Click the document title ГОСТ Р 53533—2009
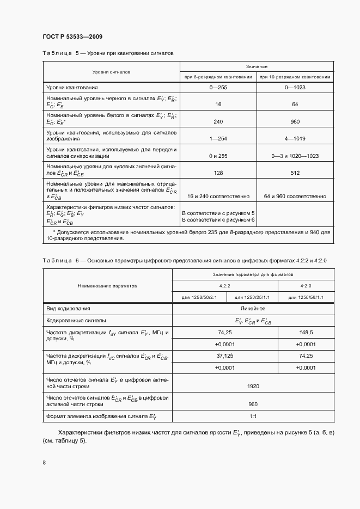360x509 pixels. (72, 36)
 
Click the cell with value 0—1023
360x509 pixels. (294, 87)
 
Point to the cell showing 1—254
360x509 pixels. (218, 139)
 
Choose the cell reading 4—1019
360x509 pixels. (294, 139)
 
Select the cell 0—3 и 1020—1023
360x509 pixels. (294, 156)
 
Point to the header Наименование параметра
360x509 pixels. (107, 285)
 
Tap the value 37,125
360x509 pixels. (225, 355)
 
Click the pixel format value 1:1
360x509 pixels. (252, 416)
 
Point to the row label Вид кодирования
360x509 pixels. (68, 309)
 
